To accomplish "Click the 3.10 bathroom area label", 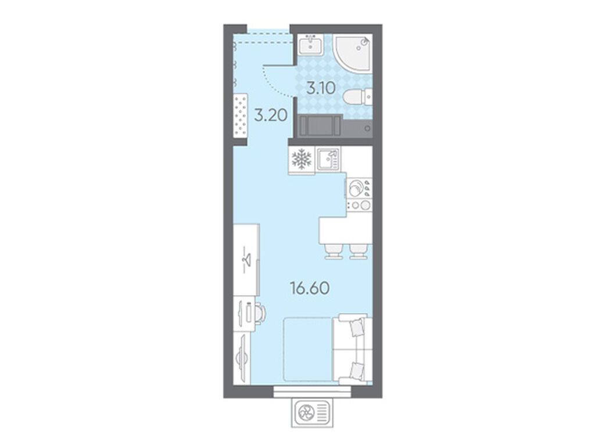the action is click(x=321, y=88).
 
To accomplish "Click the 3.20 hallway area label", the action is click(x=270, y=115).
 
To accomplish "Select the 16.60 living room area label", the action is click(x=310, y=288).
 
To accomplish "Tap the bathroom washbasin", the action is click(x=311, y=44).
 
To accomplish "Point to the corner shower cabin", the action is click(x=352, y=52).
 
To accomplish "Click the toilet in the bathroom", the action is click(x=357, y=97).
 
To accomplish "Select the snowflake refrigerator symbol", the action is click(x=302, y=159).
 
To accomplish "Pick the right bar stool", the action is click(x=359, y=251).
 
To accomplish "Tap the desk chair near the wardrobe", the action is click(x=260, y=313).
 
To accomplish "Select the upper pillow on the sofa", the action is click(x=356, y=328).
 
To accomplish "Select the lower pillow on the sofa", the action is click(x=356, y=370).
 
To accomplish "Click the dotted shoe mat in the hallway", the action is click(x=241, y=115).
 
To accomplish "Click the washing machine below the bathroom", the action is click(x=321, y=126).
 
